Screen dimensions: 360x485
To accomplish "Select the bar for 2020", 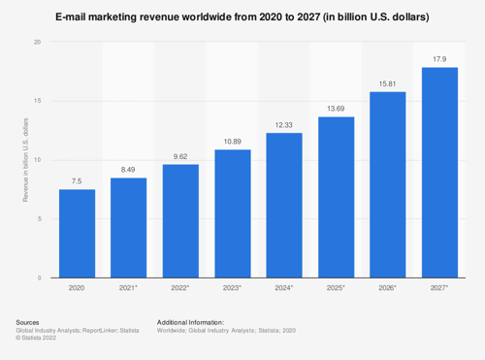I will [x=77, y=233].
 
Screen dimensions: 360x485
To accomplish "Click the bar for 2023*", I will [x=232, y=213].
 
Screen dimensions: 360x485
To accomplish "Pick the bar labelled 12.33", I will [x=284, y=205].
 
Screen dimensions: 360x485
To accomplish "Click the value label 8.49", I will [x=128, y=169].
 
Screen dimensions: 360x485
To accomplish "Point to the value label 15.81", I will [x=388, y=82].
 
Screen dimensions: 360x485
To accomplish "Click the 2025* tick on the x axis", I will [x=336, y=289].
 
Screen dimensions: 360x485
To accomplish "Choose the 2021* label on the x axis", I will [x=128, y=289].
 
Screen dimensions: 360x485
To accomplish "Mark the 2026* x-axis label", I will [x=388, y=289].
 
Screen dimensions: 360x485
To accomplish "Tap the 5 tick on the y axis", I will [x=39, y=219].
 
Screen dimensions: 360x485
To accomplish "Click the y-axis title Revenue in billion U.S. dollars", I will [x=25, y=160].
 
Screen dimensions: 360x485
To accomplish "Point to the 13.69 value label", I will [x=336, y=108].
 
